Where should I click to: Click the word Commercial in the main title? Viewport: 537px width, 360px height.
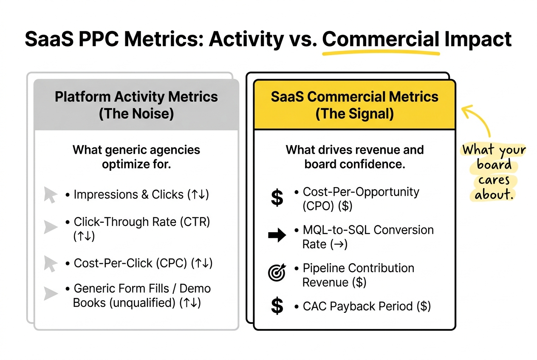pos(381,39)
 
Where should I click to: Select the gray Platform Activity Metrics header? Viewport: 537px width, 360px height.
pos(136,105)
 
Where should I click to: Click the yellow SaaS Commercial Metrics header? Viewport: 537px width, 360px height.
pos(354,105)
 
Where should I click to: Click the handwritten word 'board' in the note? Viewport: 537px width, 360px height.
pos(494,165)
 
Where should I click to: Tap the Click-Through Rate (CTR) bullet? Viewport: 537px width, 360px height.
pos(142,222)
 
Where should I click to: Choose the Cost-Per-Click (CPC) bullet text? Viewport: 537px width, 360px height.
pos(130,263)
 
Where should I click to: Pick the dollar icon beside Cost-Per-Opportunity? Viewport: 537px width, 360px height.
pos(277,198)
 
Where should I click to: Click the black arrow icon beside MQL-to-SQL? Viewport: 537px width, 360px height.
pos(277,236)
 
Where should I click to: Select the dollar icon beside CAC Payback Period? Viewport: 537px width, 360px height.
pos(277,306)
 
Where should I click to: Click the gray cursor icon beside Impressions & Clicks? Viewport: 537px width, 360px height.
pos(51,195)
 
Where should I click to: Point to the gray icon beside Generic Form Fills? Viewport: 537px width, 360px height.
pos(51,293)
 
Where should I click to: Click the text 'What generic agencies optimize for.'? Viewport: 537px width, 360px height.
pos(136,157)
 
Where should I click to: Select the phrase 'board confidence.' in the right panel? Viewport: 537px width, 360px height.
pos(354,164)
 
